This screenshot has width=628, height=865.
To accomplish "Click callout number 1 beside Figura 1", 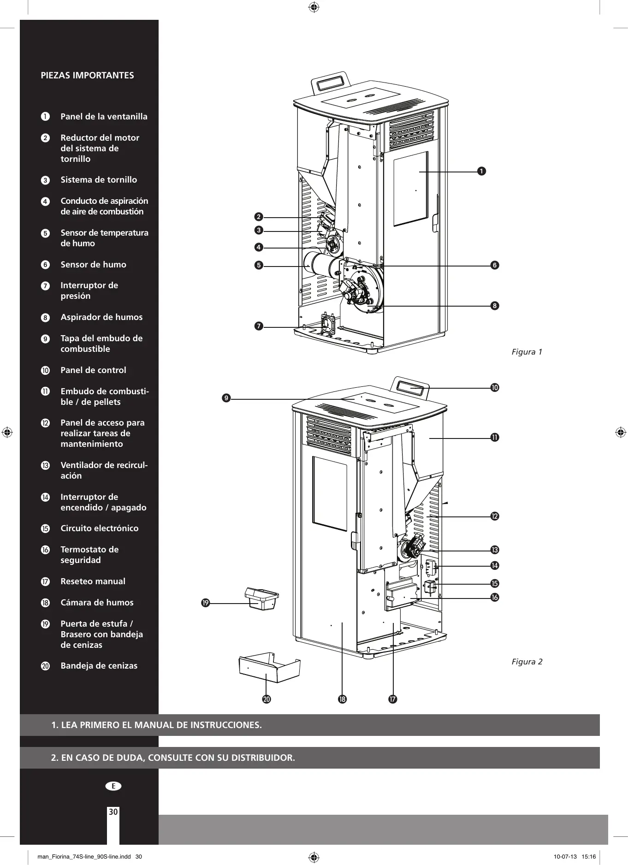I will click(x=481, y=171).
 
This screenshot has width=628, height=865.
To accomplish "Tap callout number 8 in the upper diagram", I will click(x=495, y=306).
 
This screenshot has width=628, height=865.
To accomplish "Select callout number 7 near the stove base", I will click(x=259, y=326).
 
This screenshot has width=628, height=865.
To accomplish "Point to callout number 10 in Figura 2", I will click(x=495, y=388).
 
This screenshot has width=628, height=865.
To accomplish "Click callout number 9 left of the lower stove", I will click(x=226, y=398).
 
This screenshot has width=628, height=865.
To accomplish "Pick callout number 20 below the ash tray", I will click(x=267, y=699).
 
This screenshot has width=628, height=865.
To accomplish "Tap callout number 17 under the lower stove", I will click(x=392, y=699).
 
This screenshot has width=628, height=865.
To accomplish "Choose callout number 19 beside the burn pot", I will click(x=206, y=603).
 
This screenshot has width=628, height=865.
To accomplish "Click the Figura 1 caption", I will click(x=527, y=352).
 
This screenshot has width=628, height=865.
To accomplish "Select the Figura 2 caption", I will click(x=527, y=662).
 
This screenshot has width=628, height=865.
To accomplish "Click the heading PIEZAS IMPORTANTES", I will click(x=87, y=75).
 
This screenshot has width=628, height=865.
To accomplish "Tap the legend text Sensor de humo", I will click(x=93, y=265).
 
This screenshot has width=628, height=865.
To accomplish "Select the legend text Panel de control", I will click(x=93, y=370).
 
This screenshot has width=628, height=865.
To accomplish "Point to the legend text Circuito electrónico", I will click(x=99, y=528).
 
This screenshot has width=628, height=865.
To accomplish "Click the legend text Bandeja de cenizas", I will click(x=99, y=666).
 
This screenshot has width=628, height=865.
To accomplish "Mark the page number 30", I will click(x=113, y=812).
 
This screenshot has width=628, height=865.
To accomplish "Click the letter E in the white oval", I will click(x=113, y=786).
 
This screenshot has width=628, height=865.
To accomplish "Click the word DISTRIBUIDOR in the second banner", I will click(x=263, y=758).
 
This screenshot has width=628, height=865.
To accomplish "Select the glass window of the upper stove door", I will click(x=410, y=189).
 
